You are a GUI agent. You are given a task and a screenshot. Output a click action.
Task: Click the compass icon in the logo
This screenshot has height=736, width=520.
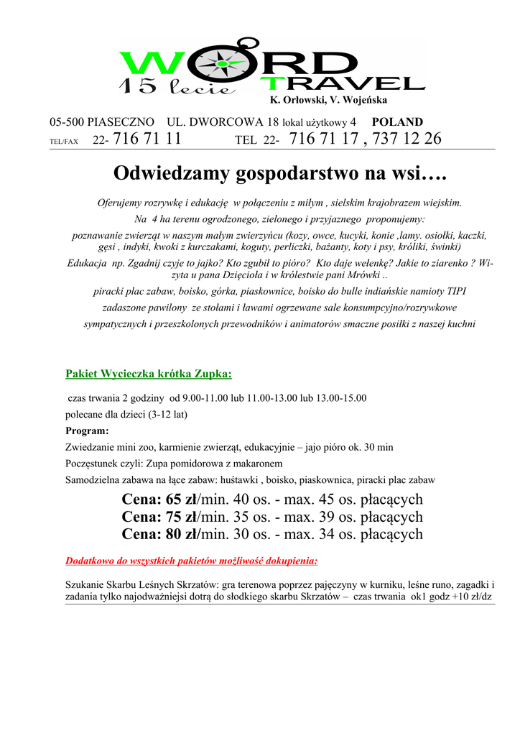[221, 63]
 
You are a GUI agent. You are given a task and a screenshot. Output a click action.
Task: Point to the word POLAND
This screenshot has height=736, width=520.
[397, 122]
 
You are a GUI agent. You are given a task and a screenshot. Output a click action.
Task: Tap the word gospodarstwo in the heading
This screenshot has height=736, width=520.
[287, 173]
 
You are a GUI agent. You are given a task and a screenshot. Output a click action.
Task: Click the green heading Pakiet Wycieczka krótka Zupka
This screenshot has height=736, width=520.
[149, 374]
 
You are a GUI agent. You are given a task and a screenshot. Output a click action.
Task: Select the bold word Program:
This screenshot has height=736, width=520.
[87, 431]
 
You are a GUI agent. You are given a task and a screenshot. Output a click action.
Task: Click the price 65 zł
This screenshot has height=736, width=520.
[182, 500]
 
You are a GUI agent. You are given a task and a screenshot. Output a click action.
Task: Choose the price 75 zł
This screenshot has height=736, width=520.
[182, 517]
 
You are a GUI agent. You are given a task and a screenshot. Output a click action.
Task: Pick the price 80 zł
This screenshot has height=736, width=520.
[182, 534]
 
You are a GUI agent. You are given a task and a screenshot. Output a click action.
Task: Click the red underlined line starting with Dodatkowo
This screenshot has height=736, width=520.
[192, 561]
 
